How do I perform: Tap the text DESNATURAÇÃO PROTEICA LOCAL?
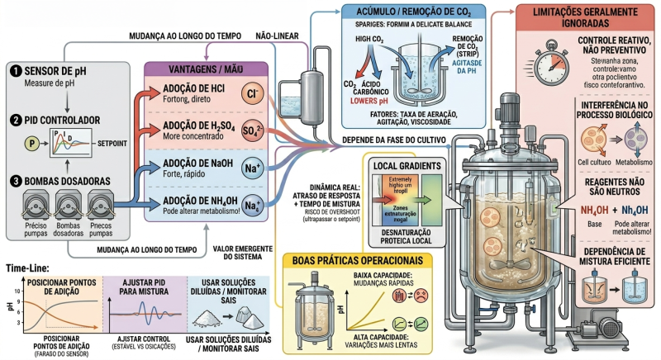tap(402, 238)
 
